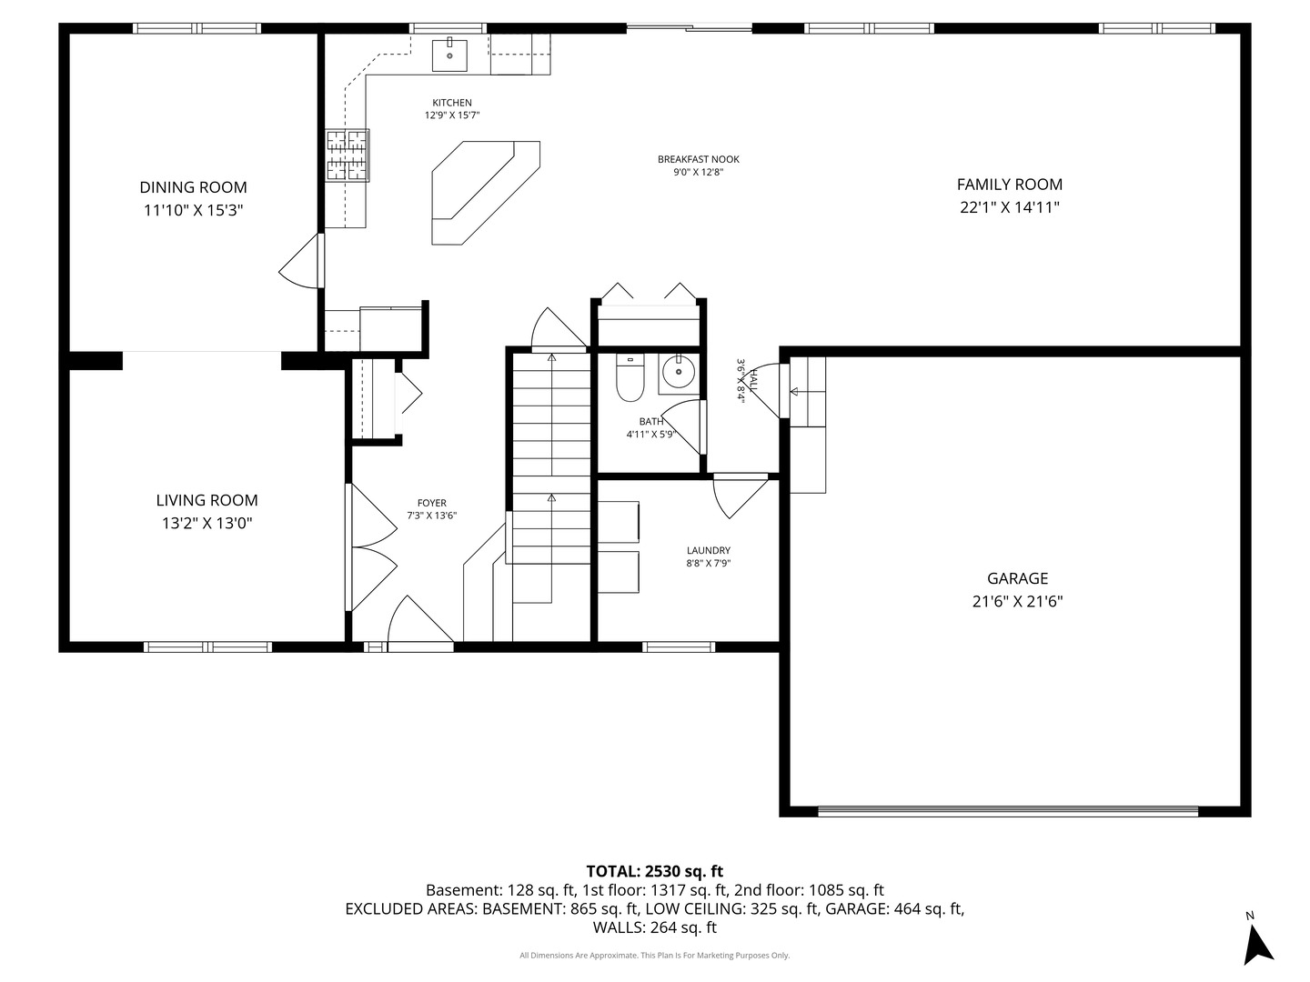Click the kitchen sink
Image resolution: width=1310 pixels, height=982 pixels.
point(449,55)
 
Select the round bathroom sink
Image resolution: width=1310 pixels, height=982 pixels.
point(678,372)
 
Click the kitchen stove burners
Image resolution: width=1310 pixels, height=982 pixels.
point(348,155)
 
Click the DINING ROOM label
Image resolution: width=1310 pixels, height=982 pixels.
point(193,187)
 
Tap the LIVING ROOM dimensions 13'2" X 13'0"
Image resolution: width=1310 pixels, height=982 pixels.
point(207,523)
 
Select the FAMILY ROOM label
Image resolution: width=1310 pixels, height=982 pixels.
point(1009,185)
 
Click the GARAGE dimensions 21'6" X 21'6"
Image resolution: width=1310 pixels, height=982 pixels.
point(1017,601)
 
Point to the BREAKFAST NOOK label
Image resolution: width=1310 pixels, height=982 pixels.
point(698,159)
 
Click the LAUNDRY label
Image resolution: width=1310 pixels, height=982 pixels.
point(708,550)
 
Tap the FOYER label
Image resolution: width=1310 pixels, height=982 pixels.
point(431,503)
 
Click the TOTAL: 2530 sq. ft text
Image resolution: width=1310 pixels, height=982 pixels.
point(654,871)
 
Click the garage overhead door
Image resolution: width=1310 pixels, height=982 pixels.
point(1007,810)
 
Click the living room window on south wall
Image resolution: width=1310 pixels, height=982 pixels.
point(207,646)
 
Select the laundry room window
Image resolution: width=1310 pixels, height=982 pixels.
point(678,646)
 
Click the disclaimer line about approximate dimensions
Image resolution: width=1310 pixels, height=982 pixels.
point(654,956)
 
